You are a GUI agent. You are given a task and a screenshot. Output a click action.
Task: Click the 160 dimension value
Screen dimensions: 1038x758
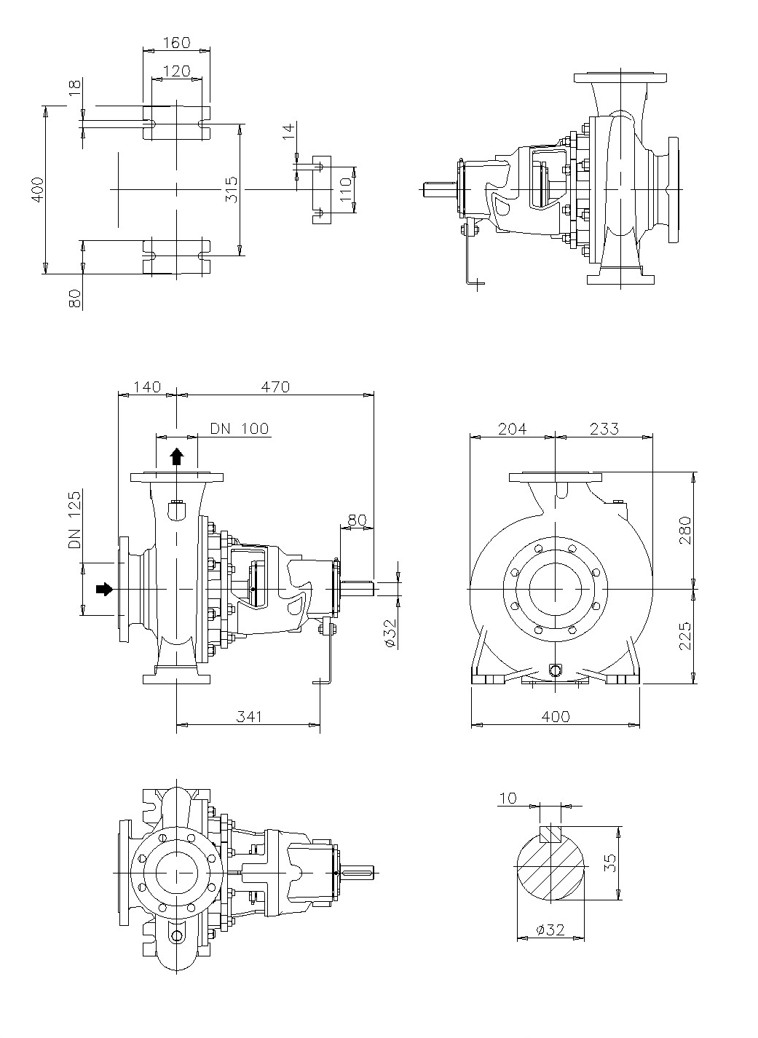[x=175, y=43]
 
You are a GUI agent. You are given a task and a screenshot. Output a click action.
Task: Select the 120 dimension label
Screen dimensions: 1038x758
[x=175, y=71]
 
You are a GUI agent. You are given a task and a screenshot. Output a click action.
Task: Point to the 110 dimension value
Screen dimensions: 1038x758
[x=345, y=190]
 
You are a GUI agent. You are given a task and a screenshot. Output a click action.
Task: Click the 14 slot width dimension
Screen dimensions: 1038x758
[x=288, y=132]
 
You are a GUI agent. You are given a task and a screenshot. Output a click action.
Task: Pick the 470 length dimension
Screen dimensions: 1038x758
[x=275, y=387]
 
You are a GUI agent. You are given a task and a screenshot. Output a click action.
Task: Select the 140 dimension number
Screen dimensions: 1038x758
[x=146, y=387]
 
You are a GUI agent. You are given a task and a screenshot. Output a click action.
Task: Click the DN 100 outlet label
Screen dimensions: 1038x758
[x=239, y=429]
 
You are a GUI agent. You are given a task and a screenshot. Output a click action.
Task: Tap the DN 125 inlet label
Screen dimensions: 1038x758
[x=74, y=520]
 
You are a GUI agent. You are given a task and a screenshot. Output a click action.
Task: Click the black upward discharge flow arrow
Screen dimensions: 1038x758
[x=176, y=456]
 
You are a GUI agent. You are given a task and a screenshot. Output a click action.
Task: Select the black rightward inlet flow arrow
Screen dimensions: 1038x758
[x=105, y=588]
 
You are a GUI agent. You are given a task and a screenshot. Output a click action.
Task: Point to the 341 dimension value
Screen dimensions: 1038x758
[x=248, y=717]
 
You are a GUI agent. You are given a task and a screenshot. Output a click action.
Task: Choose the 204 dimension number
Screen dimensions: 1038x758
[x=512, y=429]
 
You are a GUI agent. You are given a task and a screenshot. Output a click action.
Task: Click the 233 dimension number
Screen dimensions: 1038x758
[x=604, y=429]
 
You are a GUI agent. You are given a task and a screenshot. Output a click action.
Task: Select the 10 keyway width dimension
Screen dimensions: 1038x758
[x=508, y=799]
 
